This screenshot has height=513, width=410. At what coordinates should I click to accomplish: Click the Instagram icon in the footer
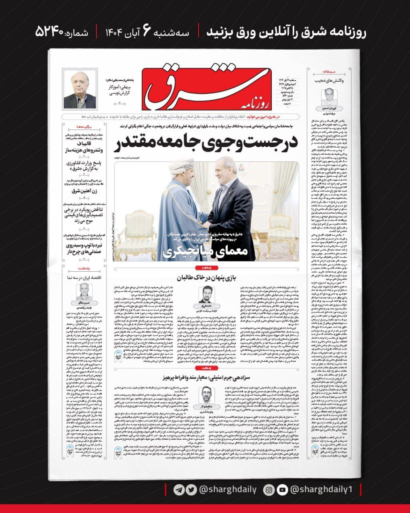click(x=269, y=489)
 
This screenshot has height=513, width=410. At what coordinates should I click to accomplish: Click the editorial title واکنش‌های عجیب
click(x=330, y=81)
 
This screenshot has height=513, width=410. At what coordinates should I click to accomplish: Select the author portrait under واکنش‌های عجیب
click(x=328, y=97)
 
